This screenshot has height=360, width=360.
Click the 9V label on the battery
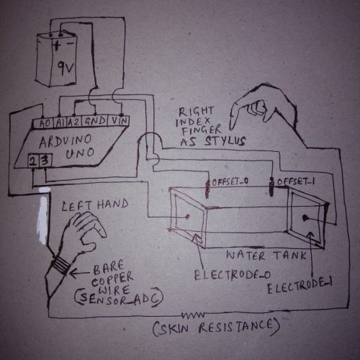click(x=66, y=67)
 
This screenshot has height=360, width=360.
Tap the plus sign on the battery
click(x=57, y=45)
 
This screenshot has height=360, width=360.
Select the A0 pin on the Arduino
click(x=45, y=123)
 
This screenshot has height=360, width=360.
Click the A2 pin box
click(x=73, y=122)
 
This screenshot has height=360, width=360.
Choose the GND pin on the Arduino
click(x=94, y=121)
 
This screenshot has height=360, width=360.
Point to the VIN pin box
click(x=118, y=120)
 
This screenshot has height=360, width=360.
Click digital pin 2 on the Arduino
click(x=32, y=161)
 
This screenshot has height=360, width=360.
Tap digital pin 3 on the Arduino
click(x=45, y=161)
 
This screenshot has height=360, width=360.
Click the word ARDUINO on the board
click(x=66, y=140)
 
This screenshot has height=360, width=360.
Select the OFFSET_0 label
click(x=230, y=181)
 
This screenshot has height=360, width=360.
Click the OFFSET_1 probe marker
click(x=271, y=186)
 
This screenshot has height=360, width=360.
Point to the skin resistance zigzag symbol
click(x=193, y=315)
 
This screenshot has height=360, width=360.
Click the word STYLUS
click(x=225, y=141)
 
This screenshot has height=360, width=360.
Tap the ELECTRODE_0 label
click(x=232, y=275)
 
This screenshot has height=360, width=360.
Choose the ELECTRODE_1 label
click(x=300, y=286)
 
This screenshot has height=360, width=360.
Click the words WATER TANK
click(x=266, y=256)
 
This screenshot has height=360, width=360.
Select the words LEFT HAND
click(x=95, y=205)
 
